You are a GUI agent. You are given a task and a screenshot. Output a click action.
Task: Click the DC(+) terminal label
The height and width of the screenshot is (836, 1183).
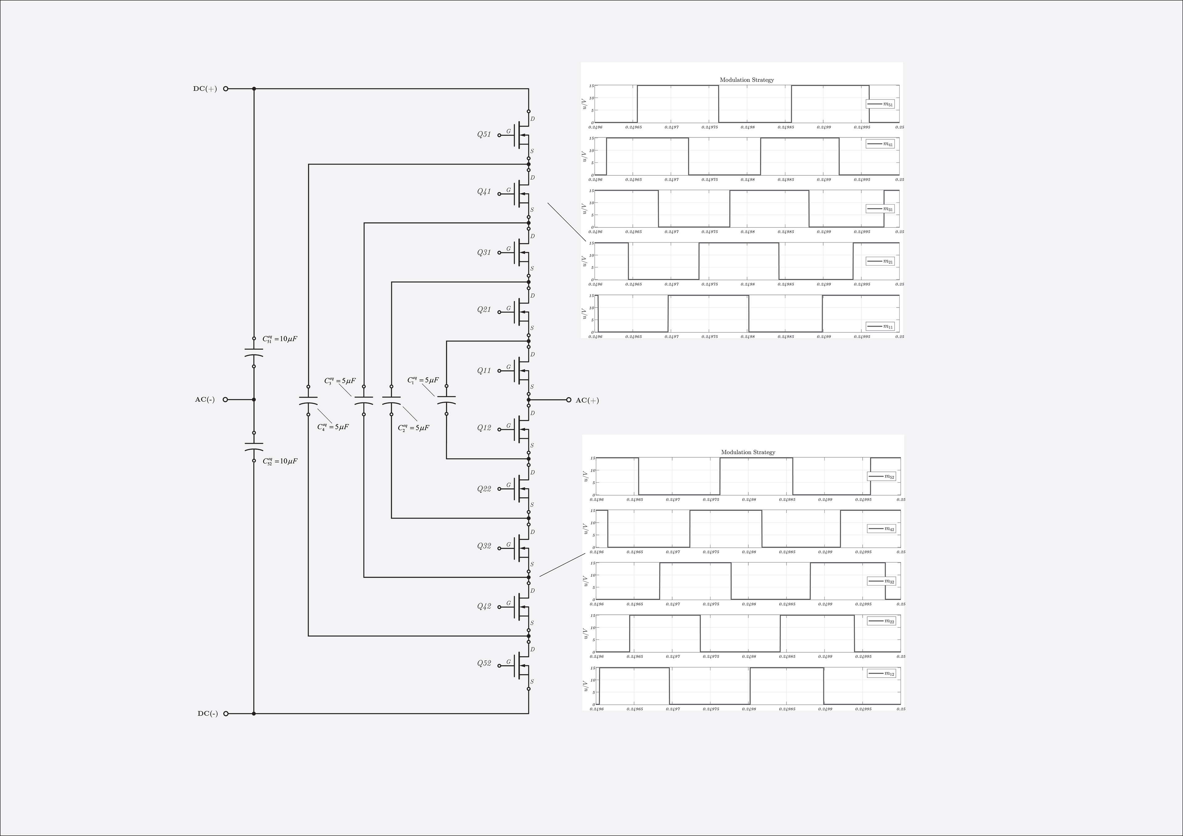(205, 89)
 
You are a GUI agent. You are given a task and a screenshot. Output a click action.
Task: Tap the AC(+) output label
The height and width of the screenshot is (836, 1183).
(587, 401)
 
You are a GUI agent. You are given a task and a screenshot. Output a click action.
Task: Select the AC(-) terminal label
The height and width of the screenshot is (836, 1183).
(205, 399)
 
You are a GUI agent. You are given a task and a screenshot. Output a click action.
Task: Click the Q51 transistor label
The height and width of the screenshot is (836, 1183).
(484, 135)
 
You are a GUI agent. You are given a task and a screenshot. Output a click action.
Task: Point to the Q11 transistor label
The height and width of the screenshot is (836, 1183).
(484, 371)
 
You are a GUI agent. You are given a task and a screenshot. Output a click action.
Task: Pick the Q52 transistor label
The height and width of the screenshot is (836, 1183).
(484, 663)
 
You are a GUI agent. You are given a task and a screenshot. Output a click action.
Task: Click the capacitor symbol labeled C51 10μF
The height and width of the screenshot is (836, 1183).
(254, 353)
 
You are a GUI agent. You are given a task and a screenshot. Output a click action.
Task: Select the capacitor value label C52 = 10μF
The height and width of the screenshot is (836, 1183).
(280, 461)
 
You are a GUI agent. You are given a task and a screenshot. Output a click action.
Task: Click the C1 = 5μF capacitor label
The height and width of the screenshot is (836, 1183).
(423, 380)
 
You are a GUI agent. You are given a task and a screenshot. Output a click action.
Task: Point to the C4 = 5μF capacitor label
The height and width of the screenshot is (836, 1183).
(333, 427)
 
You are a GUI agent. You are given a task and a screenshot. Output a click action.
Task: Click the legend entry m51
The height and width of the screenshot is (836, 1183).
(880, 104)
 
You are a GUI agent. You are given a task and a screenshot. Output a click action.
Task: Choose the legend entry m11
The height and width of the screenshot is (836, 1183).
(880, 326)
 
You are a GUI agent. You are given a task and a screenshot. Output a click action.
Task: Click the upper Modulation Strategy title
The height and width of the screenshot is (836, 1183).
(746, 80)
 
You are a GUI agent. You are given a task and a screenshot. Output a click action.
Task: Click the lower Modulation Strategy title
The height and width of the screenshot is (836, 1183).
(748, 452)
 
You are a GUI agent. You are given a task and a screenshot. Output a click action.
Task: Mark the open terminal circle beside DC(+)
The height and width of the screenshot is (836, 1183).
(226, 89)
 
